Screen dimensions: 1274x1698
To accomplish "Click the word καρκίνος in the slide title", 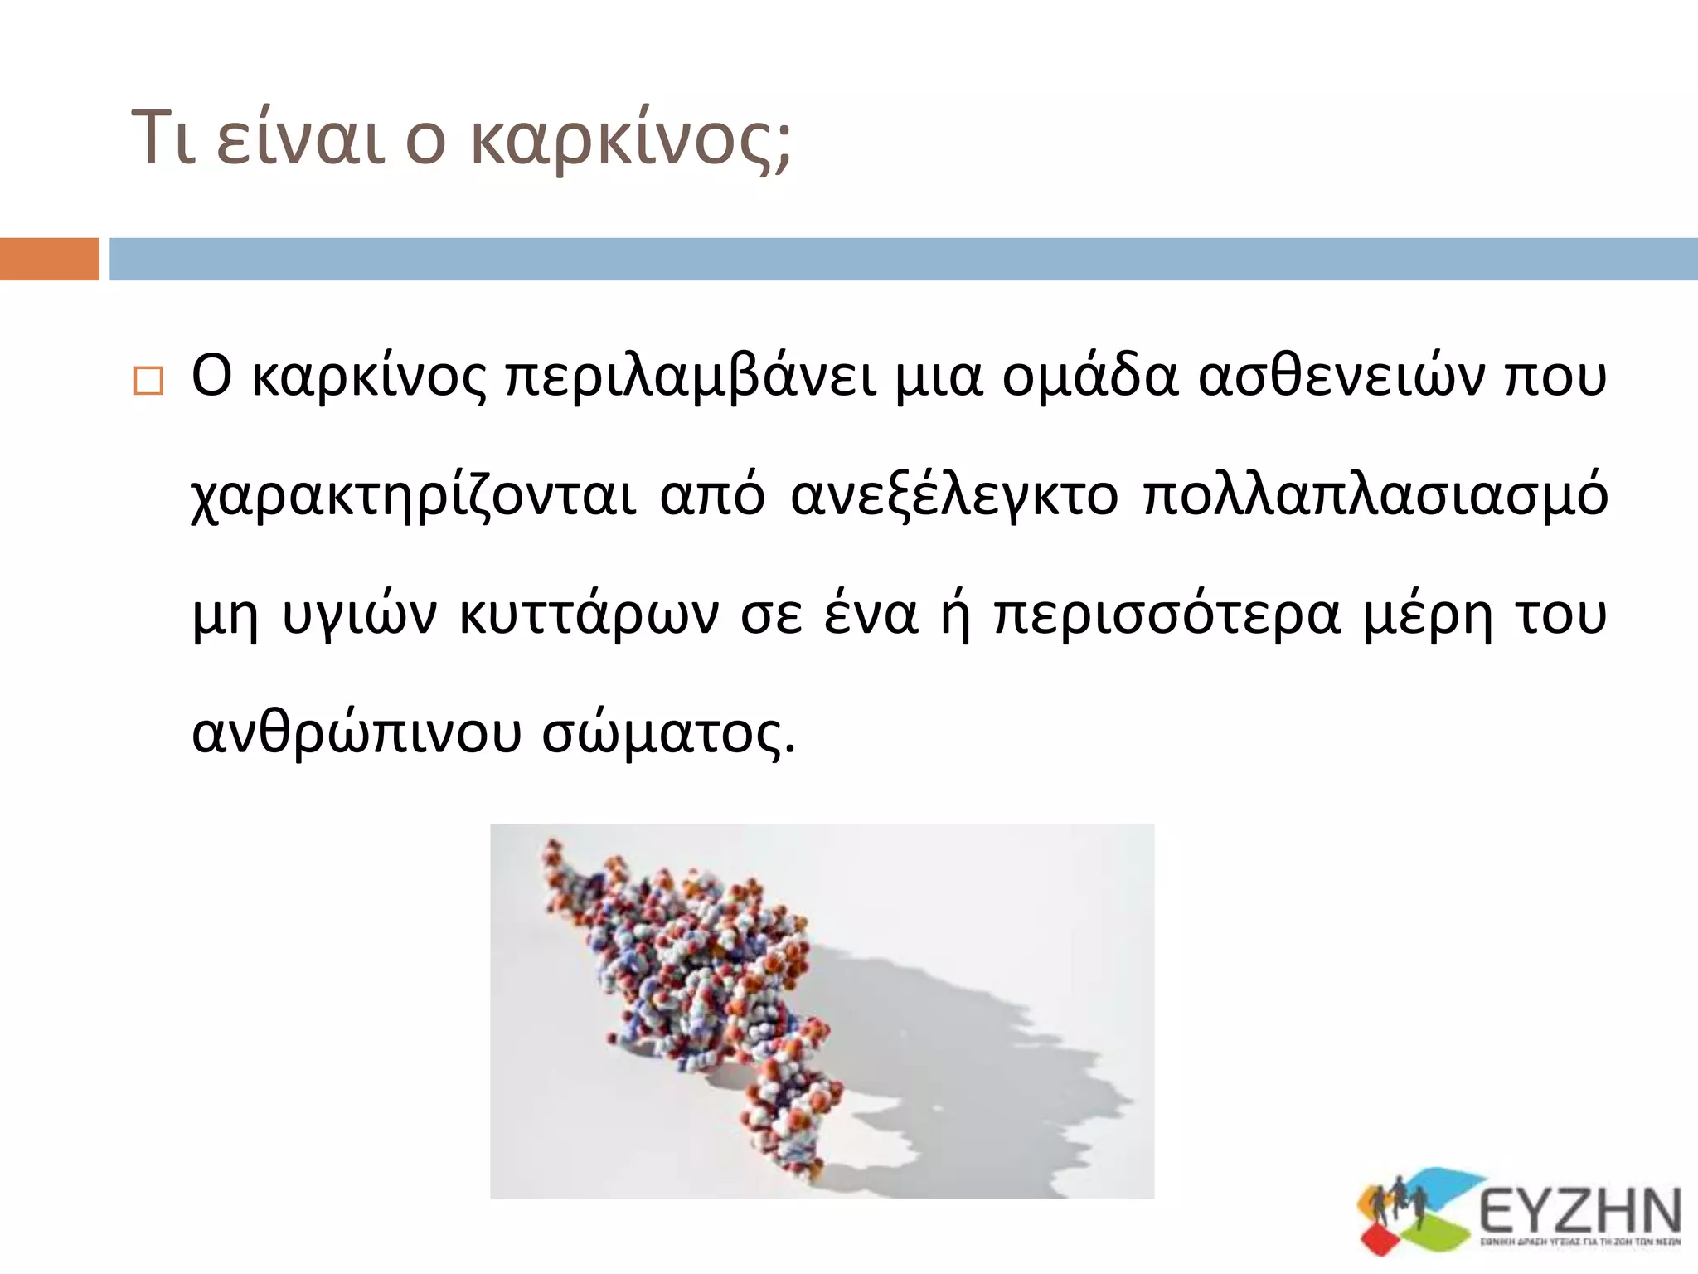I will click(631, 139).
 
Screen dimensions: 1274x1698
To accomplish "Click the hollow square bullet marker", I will click(148, 381).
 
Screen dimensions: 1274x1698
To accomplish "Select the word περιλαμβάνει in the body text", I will click(690, 377).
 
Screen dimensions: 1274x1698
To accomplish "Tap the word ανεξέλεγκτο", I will click(954, 496).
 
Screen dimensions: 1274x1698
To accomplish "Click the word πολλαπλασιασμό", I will click(1375, 496).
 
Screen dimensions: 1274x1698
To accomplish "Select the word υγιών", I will click(359, 616).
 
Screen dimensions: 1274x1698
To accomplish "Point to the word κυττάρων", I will click(589, 615).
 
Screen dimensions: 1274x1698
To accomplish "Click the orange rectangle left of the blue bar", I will click(49, 259).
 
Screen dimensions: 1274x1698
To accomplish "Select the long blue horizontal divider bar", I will click(903, 259).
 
